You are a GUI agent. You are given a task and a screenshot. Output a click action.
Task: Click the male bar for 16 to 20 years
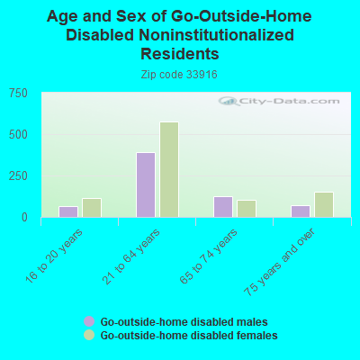click(x=68, y=211)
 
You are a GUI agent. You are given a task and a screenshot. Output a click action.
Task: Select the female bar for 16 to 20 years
click(x=92, y=208)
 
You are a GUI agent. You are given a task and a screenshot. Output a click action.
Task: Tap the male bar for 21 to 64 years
click(x=146, y=184)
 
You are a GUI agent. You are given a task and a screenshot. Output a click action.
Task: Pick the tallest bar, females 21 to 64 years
click(x=169, y=169)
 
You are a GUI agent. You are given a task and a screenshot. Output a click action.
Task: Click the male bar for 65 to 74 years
click(x=223, y=207)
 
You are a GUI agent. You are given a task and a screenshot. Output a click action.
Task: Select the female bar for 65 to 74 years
click(x=247, y=209)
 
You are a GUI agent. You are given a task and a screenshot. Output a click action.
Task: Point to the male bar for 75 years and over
click(x=301, y=211)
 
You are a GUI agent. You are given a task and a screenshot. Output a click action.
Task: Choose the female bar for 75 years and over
click(x=324, y=204)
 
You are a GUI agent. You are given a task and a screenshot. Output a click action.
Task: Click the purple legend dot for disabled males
click(x=89, y=321)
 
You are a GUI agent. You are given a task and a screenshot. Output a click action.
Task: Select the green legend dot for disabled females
click(x=89, y=335)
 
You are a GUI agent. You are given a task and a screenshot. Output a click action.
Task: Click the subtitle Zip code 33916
click(x=179, y=75)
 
